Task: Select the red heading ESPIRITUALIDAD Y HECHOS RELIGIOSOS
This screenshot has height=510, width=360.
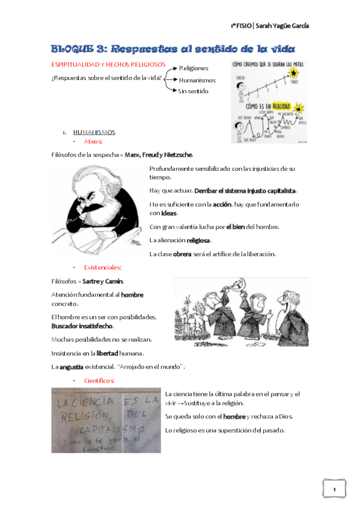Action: click(100, 64)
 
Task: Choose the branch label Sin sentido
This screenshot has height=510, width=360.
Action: click(193, 91)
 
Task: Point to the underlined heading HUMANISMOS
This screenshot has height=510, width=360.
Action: click(94, 132)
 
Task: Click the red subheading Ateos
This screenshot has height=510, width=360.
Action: click(93, 141)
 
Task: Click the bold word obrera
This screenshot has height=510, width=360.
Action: click(182, 254)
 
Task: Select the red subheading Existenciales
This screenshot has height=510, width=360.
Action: click(103, 267)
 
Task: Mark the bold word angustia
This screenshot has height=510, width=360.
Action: click(71, 367)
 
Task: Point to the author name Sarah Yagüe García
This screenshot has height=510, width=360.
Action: click(284, 26)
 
